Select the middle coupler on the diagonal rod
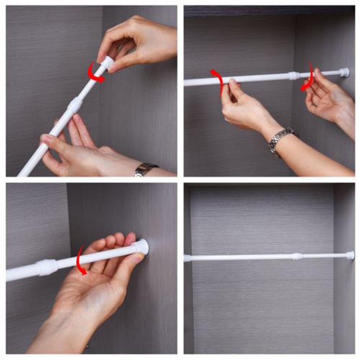(75, 104)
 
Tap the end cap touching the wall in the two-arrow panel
(345, 72)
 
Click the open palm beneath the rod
(90, 288)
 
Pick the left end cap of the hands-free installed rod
(187, 258)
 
